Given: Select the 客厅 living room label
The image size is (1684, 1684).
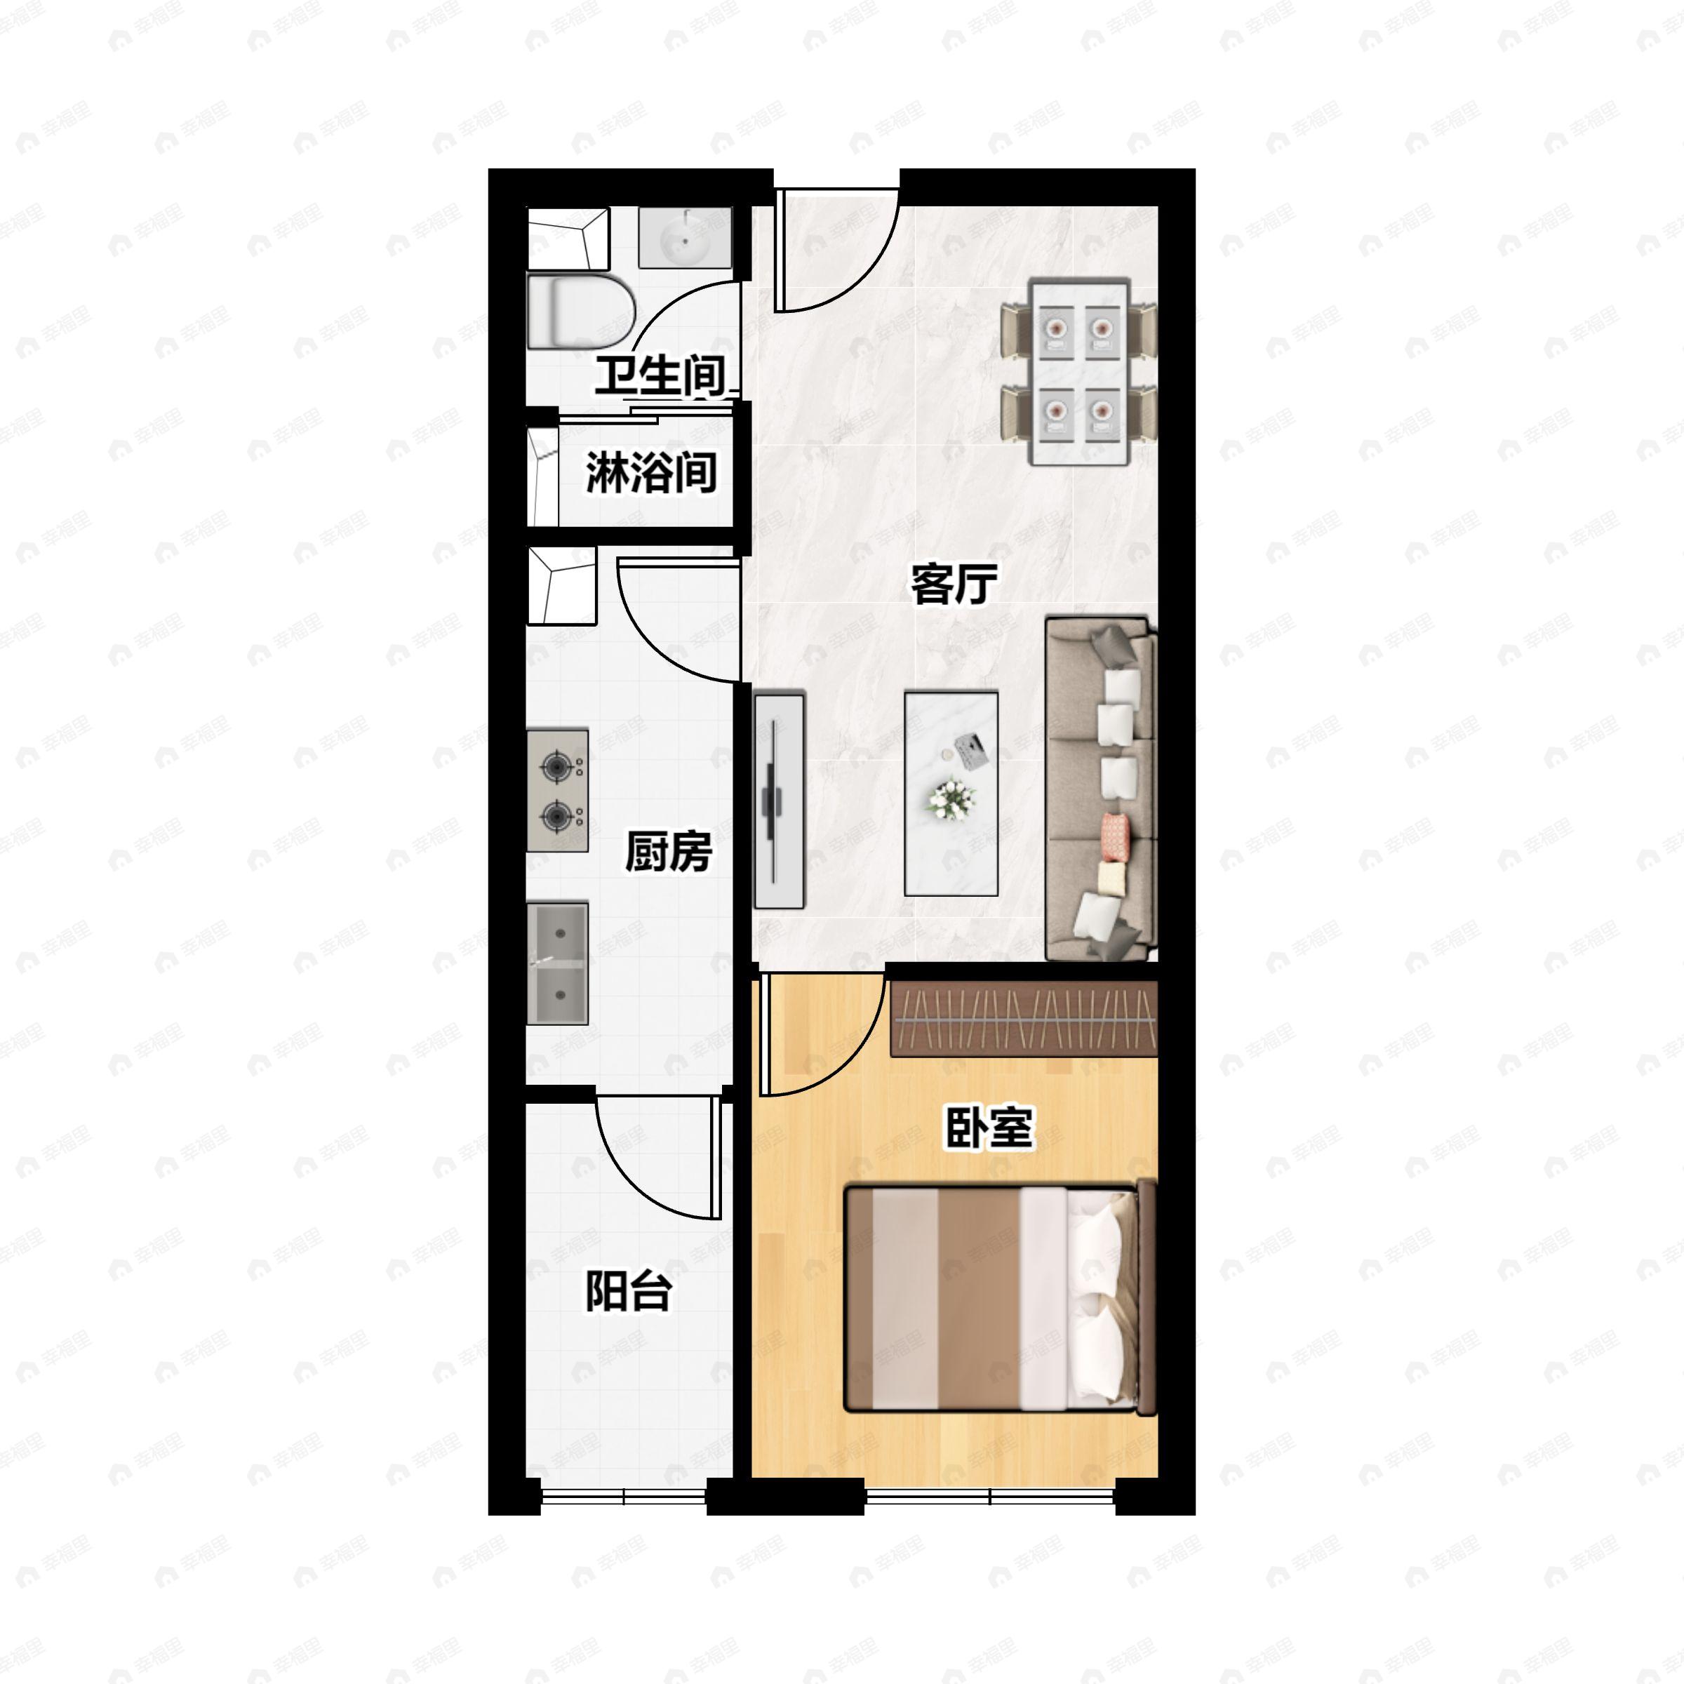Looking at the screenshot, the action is (x=954, y=584).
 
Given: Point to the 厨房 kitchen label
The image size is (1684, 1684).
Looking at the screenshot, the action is (x=669, y=852).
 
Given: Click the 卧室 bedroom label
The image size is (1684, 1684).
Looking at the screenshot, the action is (x=989, y=1128).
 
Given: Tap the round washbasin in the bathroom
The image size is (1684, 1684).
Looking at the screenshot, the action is (x=684, y=237).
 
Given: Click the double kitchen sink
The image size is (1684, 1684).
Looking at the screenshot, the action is (x=558, y=963).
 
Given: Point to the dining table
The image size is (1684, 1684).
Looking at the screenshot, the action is (x=1079, y=372).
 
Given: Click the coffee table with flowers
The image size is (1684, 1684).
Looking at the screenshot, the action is (x=951, y=793).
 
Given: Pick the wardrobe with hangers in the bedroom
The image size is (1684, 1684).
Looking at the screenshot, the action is (x=1023, y=1018).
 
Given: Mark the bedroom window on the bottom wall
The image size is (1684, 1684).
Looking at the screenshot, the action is (x=990, y=1497).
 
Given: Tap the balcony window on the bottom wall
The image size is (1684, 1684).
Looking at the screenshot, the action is (x=624, y=1497).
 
